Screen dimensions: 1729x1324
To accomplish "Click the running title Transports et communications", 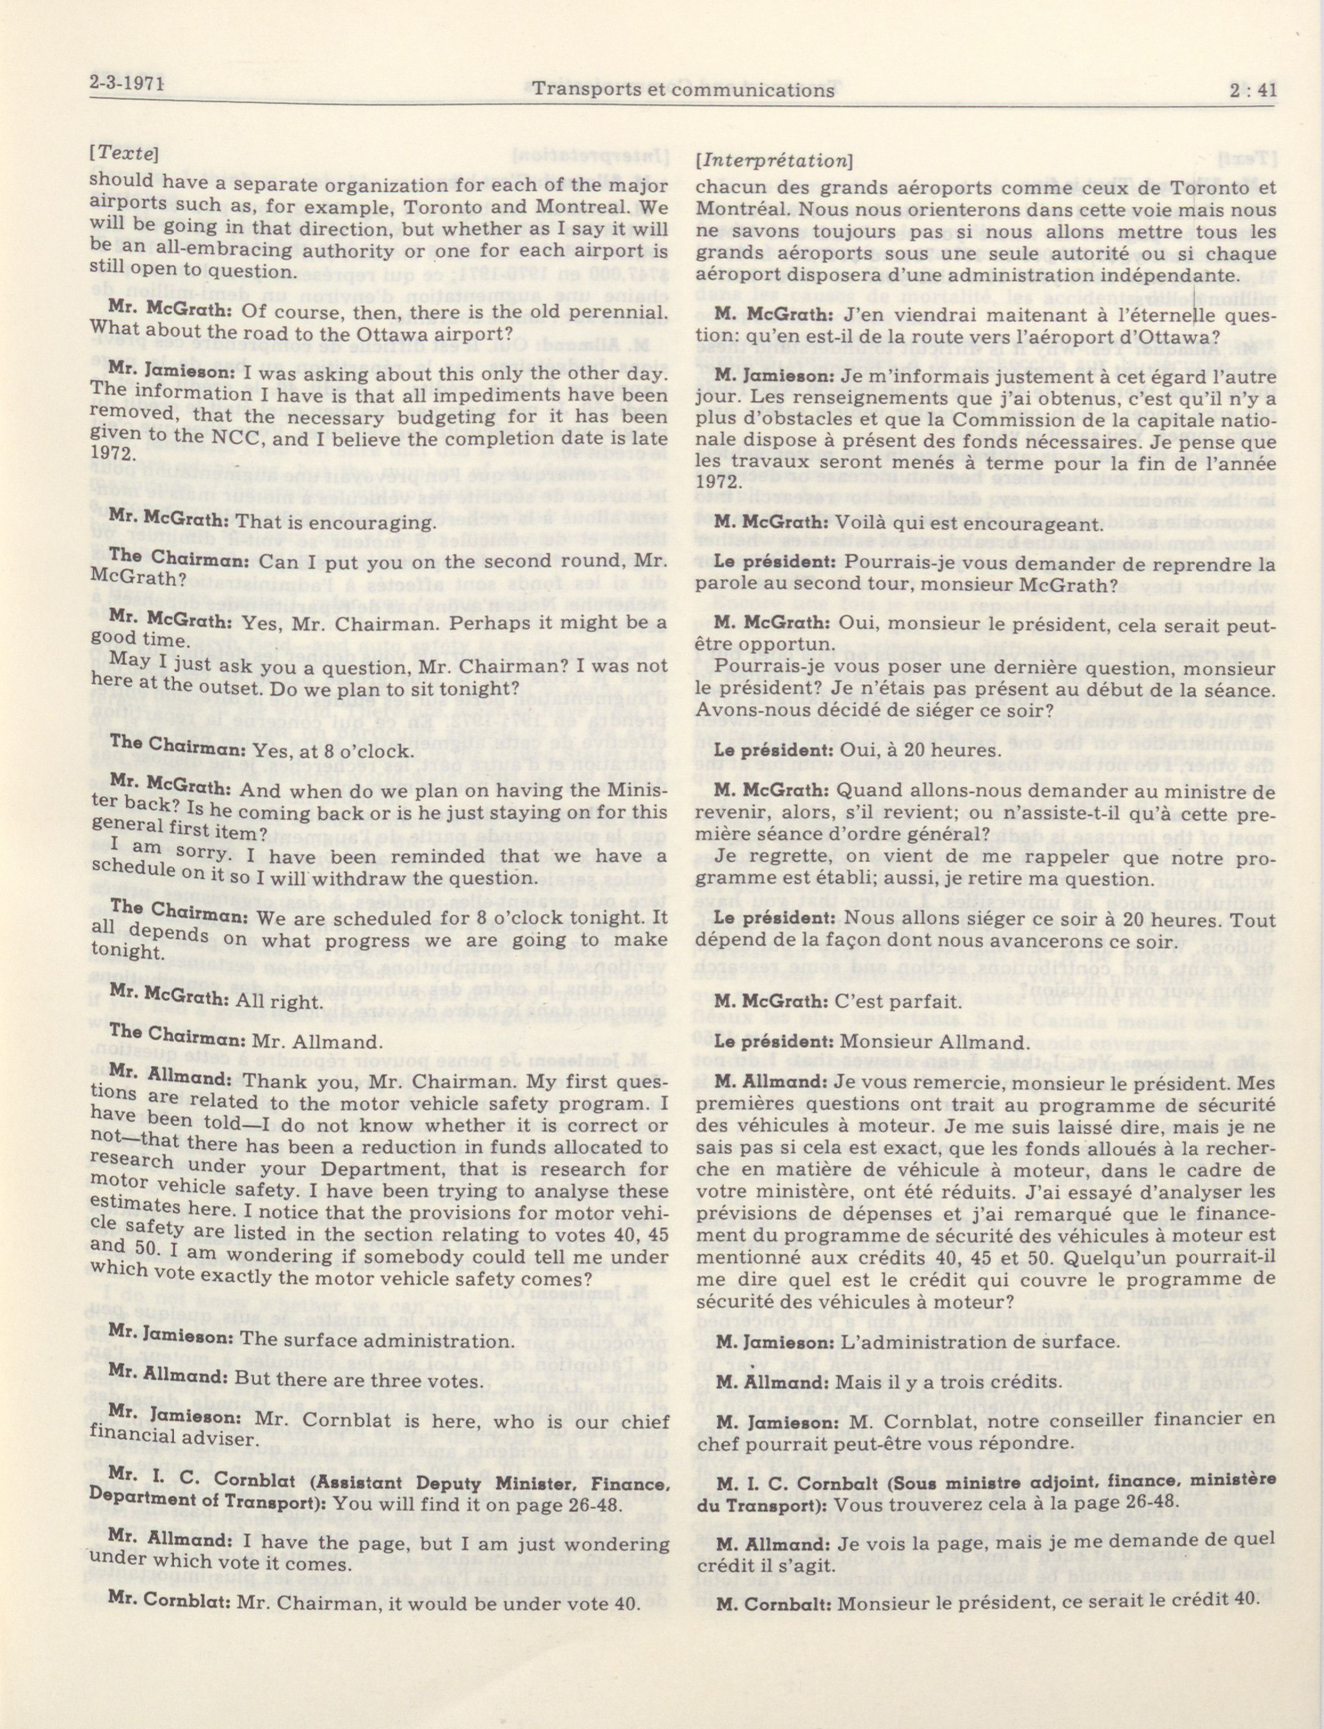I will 682,90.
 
